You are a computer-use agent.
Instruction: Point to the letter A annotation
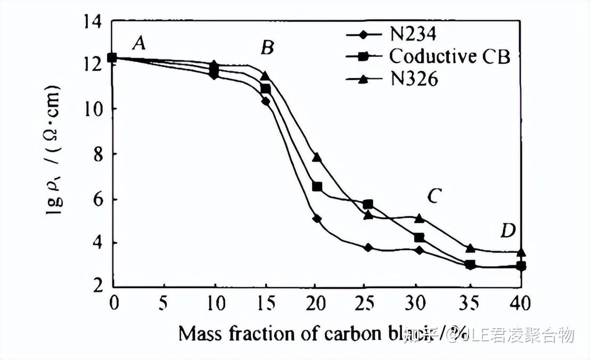pos(139,43)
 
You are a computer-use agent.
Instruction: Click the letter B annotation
pos(267,48)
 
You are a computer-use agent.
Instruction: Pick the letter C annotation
pos(433,197)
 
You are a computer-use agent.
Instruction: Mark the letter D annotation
pos(507,231)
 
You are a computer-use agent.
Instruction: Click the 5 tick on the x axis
pos(163,304)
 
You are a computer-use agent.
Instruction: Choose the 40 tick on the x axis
pos(520,304)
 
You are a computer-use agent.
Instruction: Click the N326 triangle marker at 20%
pos(317,157)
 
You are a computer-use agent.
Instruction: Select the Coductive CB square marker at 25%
pos(367,204)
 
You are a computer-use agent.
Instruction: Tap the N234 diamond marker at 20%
pos(317,218)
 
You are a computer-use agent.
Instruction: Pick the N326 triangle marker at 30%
pos(419,218)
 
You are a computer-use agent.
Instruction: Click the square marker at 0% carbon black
pos(112,58)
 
